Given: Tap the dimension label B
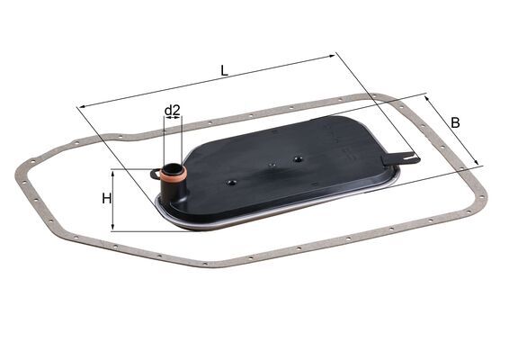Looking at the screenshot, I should [x=455, y=121].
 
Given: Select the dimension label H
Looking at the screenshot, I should [x=107, y=198].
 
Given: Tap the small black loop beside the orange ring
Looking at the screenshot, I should [x=155, y=174].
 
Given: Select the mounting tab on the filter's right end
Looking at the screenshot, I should [x=400, y=159].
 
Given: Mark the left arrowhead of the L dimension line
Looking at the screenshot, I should [x=82, y=107].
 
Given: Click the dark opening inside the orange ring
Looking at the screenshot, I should [x=173, y=171].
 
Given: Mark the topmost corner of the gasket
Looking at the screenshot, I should [x=382, y=94].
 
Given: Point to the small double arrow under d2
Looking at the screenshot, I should [x=173, y=121].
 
